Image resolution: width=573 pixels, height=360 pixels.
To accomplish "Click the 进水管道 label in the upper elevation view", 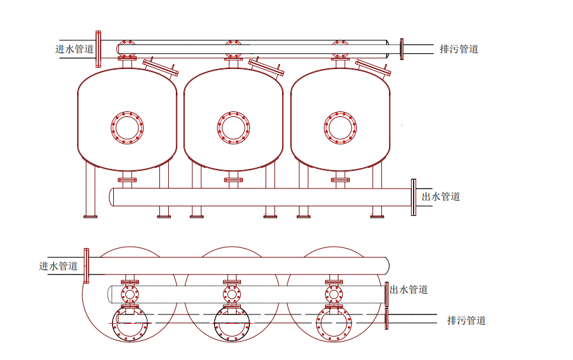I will [x=75, y=49].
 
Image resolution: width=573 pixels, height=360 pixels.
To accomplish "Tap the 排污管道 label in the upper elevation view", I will [x=459, y=49].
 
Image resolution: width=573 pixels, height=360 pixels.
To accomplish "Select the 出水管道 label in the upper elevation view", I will [x=441, y=196].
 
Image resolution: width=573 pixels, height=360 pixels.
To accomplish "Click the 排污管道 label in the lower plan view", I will [x=467, y=320].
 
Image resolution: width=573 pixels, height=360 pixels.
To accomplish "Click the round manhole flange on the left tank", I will [x=127, y=127].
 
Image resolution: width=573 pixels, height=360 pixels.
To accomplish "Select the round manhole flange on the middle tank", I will [x=233, y=127].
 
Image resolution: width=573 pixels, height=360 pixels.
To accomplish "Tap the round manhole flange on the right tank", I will [x=340, y=127].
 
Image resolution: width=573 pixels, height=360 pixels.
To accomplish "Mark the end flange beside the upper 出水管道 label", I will [x=414, y=197].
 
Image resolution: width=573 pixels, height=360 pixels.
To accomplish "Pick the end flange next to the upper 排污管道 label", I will [x=402, y=49].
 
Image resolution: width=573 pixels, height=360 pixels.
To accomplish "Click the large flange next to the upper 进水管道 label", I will [x=98, y=49].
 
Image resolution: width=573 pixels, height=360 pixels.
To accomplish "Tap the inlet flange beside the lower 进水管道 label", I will [x=87, y=266].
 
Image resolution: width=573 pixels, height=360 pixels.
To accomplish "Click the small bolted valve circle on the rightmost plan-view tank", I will [x=334, y=294].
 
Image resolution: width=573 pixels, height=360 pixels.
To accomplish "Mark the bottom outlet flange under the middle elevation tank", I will [x=233, y=180].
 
